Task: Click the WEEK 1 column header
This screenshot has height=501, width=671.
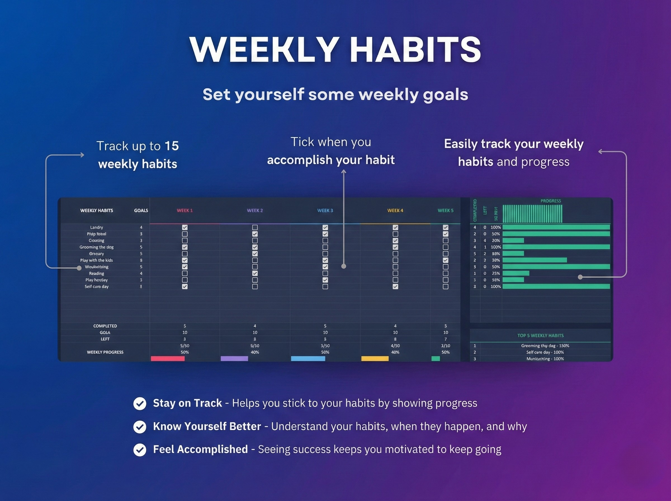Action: click(185, 211)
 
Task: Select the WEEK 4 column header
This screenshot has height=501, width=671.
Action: click(395, 211)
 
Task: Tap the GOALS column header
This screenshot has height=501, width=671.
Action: click(141, 211)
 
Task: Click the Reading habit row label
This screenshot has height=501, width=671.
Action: click(96, 273)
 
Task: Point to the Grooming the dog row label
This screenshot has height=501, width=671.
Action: click(96, 247)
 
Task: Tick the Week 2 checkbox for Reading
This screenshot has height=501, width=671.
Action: click(255, 273)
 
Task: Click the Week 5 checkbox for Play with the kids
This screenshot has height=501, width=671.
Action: click(445, 260)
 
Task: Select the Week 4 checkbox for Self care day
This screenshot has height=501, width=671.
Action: click(395, 287)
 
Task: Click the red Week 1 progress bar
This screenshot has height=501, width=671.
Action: click(168, 359)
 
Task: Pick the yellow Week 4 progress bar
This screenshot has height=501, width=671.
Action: click(375, 359)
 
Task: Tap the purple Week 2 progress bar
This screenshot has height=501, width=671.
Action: click(234, 359)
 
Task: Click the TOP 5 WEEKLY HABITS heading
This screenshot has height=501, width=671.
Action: click(540, 336)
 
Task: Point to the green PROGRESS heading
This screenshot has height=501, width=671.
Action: click(550, 201)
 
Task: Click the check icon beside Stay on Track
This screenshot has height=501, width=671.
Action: click(140, 404)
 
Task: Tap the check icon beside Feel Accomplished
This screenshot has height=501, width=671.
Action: click(140, 450)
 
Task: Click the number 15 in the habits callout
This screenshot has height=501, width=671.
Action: click(172, 146)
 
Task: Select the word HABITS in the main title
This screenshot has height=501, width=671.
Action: click(415, 50)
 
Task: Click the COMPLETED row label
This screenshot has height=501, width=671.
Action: click(105, 326)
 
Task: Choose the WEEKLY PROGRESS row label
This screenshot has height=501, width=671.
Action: click(105, 352)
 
